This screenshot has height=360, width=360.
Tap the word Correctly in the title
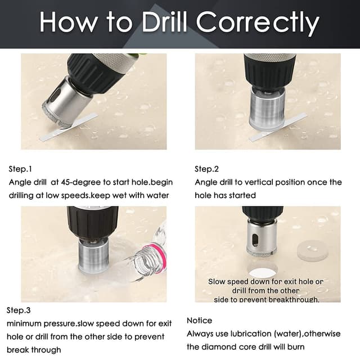258,23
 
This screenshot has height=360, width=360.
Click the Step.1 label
20,169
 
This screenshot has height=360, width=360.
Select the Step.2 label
206,169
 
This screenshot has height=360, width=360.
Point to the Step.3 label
19,310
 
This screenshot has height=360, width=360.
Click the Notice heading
199,320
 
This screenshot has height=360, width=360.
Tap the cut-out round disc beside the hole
313,251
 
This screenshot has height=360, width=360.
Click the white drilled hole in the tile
263,272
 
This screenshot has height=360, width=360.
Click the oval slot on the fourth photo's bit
255,240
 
